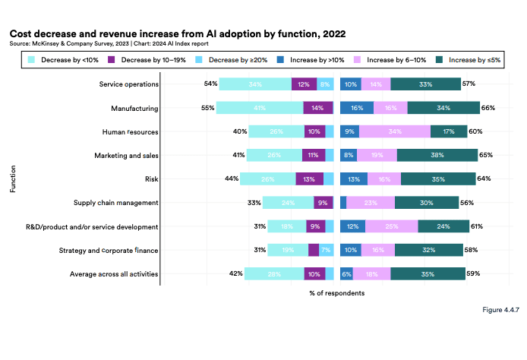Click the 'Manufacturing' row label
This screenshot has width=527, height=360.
click(x=134, y=108)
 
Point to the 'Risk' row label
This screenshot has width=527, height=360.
click(x=150, y=178)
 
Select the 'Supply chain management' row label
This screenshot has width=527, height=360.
click(x=115, y=203)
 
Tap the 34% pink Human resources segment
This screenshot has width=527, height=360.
click(x=395, y=131)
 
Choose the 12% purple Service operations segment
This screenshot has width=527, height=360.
click(x=304, y=84)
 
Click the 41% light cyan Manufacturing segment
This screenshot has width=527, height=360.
click(x=260, y=108)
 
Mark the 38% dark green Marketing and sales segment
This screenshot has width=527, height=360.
click(x=437, y=155)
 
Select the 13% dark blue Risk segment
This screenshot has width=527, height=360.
click(x=354, y=178)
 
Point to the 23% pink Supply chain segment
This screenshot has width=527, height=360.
click(x=371, y=203)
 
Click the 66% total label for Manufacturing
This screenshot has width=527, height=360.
click(x=488, y=108)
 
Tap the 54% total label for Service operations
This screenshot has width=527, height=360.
click(x=211, y=84)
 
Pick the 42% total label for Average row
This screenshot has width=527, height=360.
click(x=236, y=273)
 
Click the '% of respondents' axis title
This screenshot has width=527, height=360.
click(x=336, y=293)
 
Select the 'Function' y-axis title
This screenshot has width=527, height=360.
click(x=13, y=178)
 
